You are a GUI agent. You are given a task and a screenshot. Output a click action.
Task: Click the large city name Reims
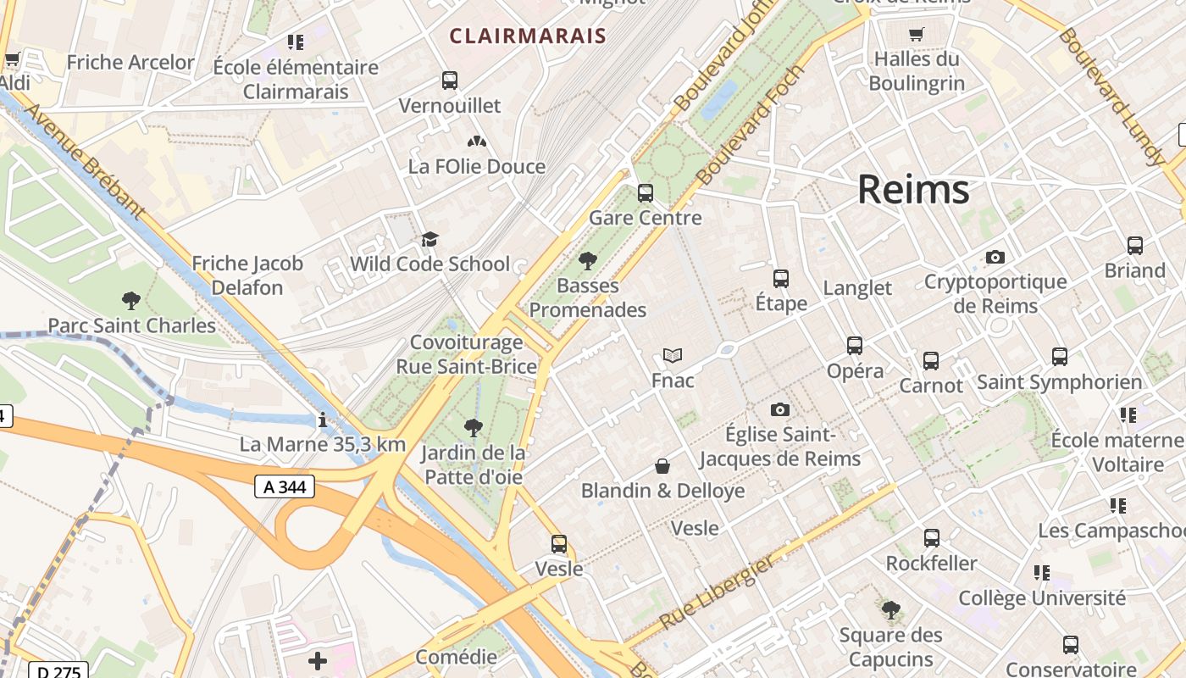point(913,189)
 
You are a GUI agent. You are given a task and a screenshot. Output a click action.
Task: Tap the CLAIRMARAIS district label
point(528,36)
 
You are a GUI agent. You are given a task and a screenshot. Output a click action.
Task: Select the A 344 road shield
point(285,486)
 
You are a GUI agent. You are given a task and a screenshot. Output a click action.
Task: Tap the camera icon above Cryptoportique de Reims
point(995,257)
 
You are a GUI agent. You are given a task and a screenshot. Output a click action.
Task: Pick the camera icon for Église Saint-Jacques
point(779,410)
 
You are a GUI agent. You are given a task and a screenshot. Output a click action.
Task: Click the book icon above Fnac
point(673,355)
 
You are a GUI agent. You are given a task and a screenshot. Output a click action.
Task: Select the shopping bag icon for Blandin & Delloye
point(662,466)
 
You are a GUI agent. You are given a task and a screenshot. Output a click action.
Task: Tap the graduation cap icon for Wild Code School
point(430,239)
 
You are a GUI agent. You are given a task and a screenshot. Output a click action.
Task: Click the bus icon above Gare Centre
point(646,192)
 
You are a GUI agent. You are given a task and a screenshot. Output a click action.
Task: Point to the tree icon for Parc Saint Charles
point(131,300)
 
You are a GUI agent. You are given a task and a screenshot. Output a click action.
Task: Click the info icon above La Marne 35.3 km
point(322,420)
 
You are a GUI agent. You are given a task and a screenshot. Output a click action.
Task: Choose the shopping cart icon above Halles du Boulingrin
point(916,35)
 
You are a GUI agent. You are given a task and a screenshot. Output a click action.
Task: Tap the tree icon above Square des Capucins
point(890,609)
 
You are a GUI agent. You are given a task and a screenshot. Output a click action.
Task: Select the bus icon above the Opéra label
point(855,346)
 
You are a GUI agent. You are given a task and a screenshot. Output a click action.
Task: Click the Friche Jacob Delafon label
point(247,275)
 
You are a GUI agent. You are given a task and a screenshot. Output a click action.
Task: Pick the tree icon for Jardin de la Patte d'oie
point(474,427)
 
